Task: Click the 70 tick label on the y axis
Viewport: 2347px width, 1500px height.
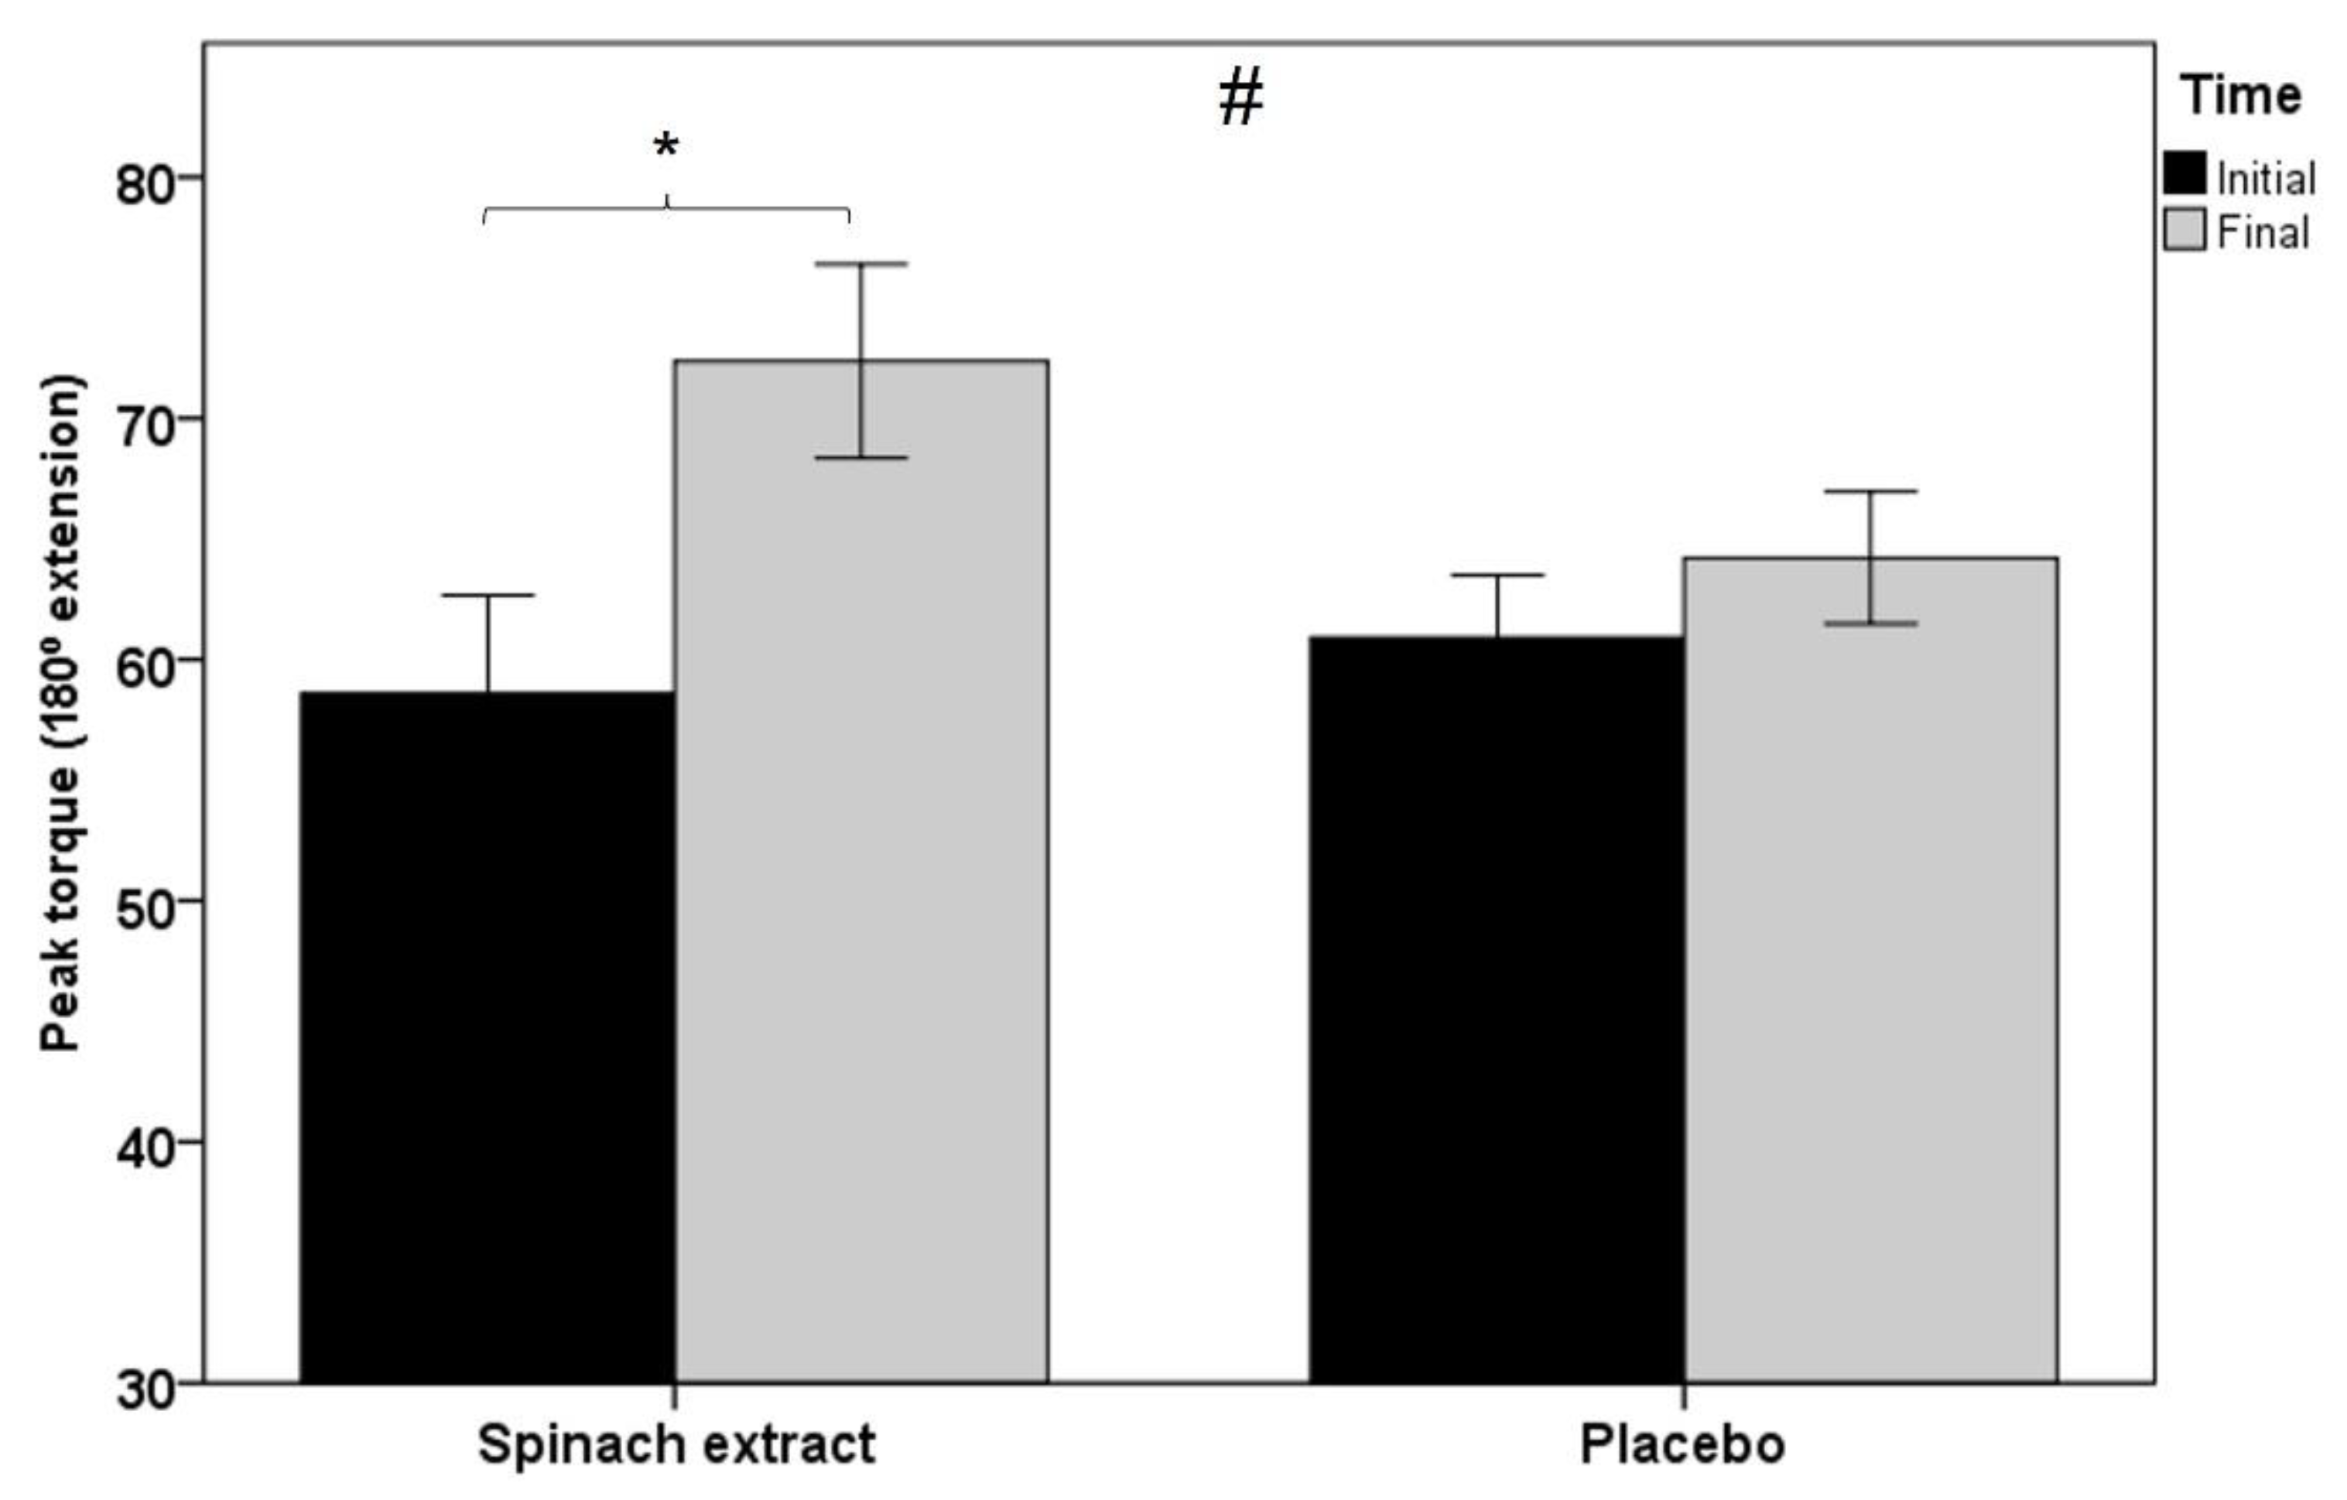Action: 146,423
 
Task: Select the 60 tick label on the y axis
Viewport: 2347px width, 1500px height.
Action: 146,664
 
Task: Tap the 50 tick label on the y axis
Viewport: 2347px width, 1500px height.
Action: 146,904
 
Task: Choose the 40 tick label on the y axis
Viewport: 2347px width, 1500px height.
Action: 146,1145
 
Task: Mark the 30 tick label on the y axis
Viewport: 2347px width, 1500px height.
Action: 146,1387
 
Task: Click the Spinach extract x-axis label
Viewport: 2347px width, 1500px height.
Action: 676,1444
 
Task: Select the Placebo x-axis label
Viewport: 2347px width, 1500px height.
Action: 1683,1444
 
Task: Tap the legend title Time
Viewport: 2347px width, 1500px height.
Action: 2242,95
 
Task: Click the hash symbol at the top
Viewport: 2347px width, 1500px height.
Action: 1240,97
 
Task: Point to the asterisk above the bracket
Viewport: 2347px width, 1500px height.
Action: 665,147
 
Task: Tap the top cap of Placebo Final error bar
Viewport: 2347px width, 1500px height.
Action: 1871,491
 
